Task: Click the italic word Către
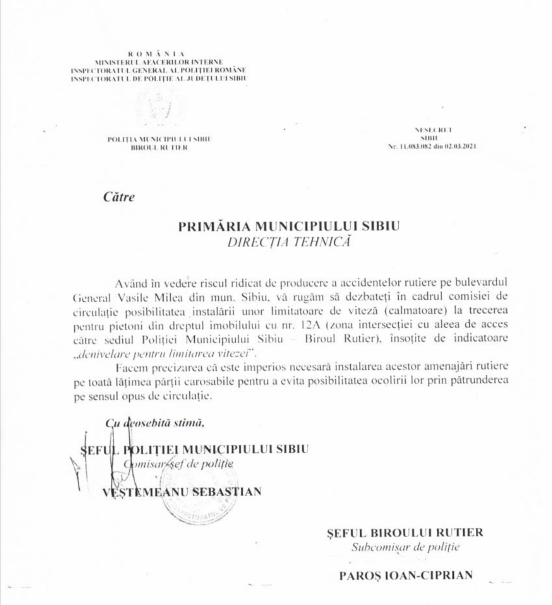click(119, 197)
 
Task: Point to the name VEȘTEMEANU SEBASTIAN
click(182, 492)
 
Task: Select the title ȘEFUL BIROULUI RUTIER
click(405, 533)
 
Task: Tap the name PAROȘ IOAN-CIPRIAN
click(406, 575)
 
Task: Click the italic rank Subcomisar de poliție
click(405, 548)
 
